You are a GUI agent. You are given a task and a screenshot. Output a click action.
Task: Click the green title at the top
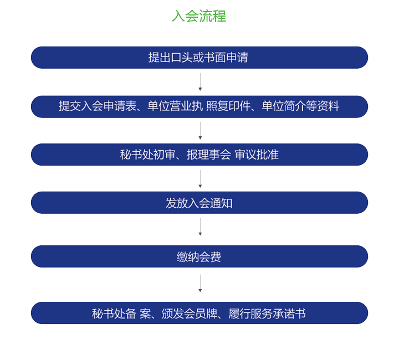click(199, 16)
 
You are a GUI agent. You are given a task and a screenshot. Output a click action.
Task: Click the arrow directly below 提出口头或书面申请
click(199, 82)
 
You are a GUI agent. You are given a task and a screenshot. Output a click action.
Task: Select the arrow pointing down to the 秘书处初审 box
click(199, 130)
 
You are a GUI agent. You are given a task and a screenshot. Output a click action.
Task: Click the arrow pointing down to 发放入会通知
click(199, 178)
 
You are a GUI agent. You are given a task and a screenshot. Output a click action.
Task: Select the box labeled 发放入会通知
click(199, 203)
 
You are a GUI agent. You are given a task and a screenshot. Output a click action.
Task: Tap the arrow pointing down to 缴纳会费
click(199, 227)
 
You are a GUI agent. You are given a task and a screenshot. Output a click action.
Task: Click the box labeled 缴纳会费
click(199, 256)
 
